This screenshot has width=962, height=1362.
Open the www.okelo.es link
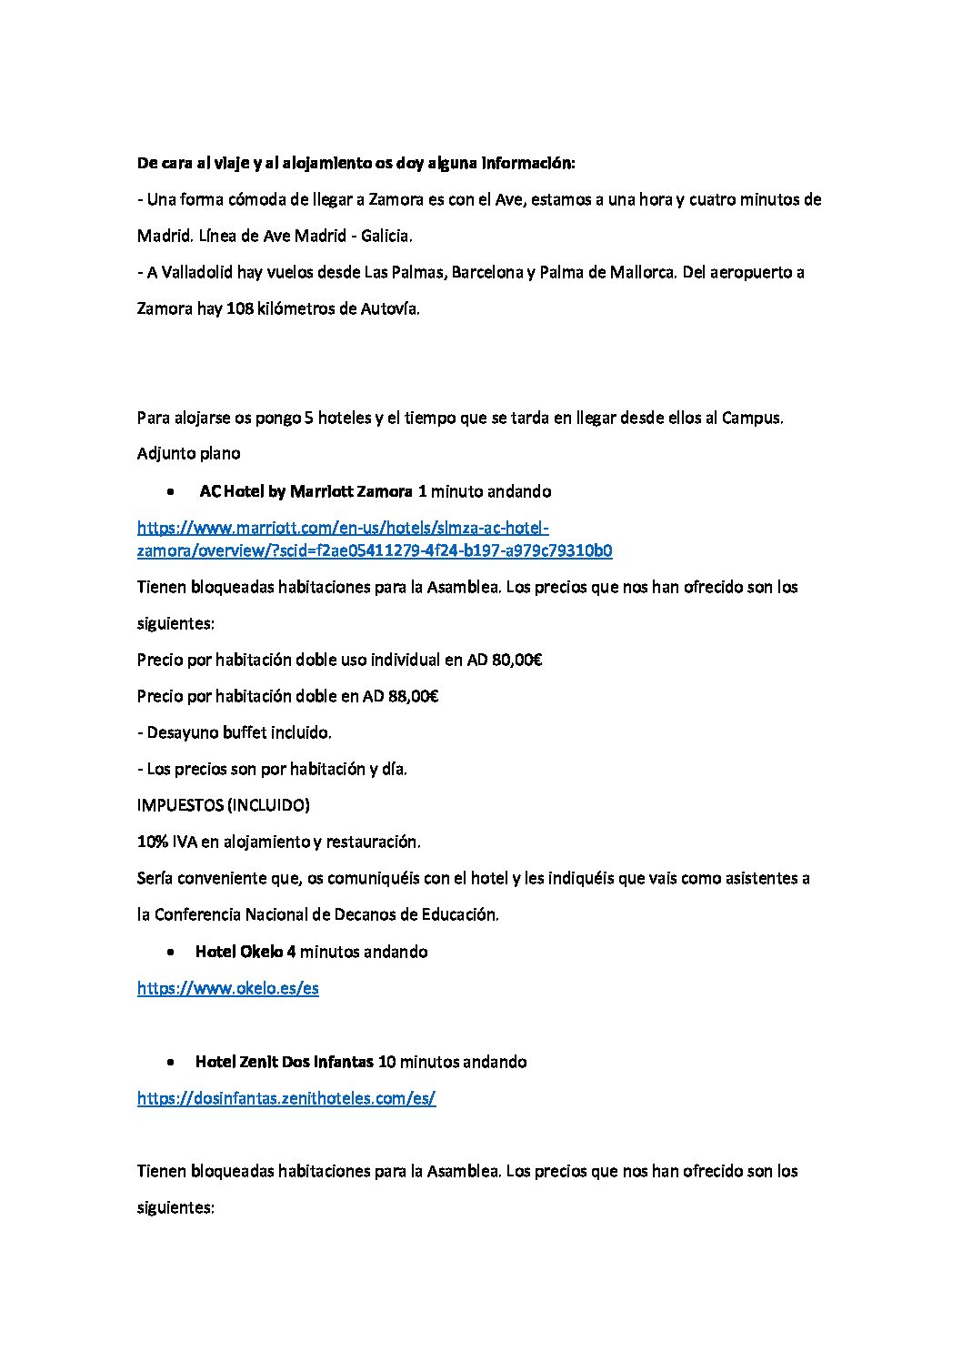pos(227,988)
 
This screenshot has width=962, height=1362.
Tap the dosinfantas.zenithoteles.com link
pos(286,1098)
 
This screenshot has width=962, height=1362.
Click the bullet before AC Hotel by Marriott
pos(171,492)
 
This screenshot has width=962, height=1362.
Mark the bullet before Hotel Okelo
pos(171,953)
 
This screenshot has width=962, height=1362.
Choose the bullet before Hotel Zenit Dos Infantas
pos(171,1063)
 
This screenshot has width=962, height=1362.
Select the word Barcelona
pos(486,272)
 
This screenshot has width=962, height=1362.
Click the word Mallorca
pos(642,272)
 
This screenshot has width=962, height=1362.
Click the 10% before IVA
pos(152,842)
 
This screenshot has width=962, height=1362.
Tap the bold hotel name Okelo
pos(261,952)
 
